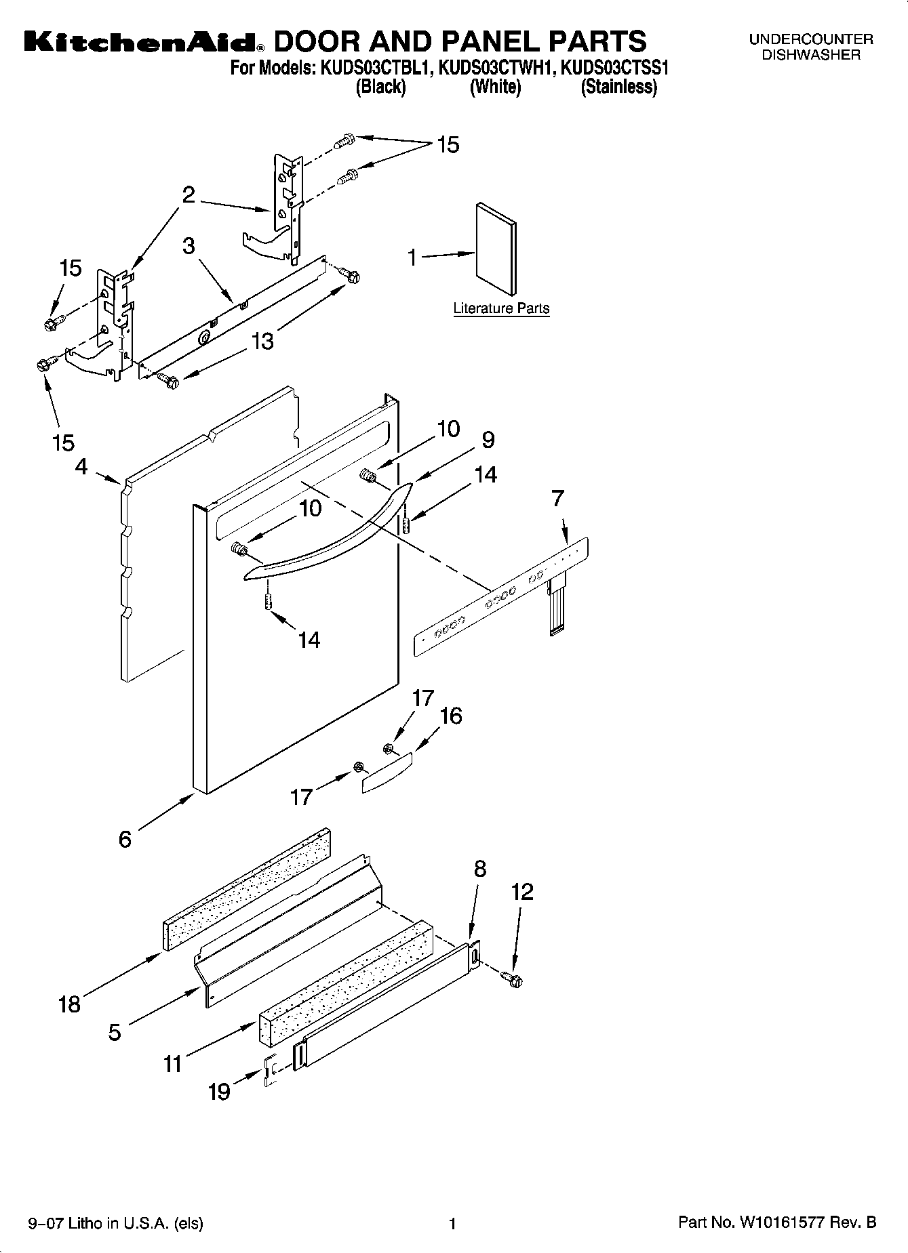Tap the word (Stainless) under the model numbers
pos(618,87)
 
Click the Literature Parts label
pos(501,308)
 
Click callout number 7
pos(557,499)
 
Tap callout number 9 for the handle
pos(488,440)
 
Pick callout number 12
pos(523,892)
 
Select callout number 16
pos(451,716)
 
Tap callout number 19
pos(219,1092)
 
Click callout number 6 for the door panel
pos(125,839)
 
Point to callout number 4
pos(81,467)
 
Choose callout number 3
pos(189,245)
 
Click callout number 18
pos(69,1004)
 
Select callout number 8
pos(479,869)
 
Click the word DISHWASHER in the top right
pos(811,55)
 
